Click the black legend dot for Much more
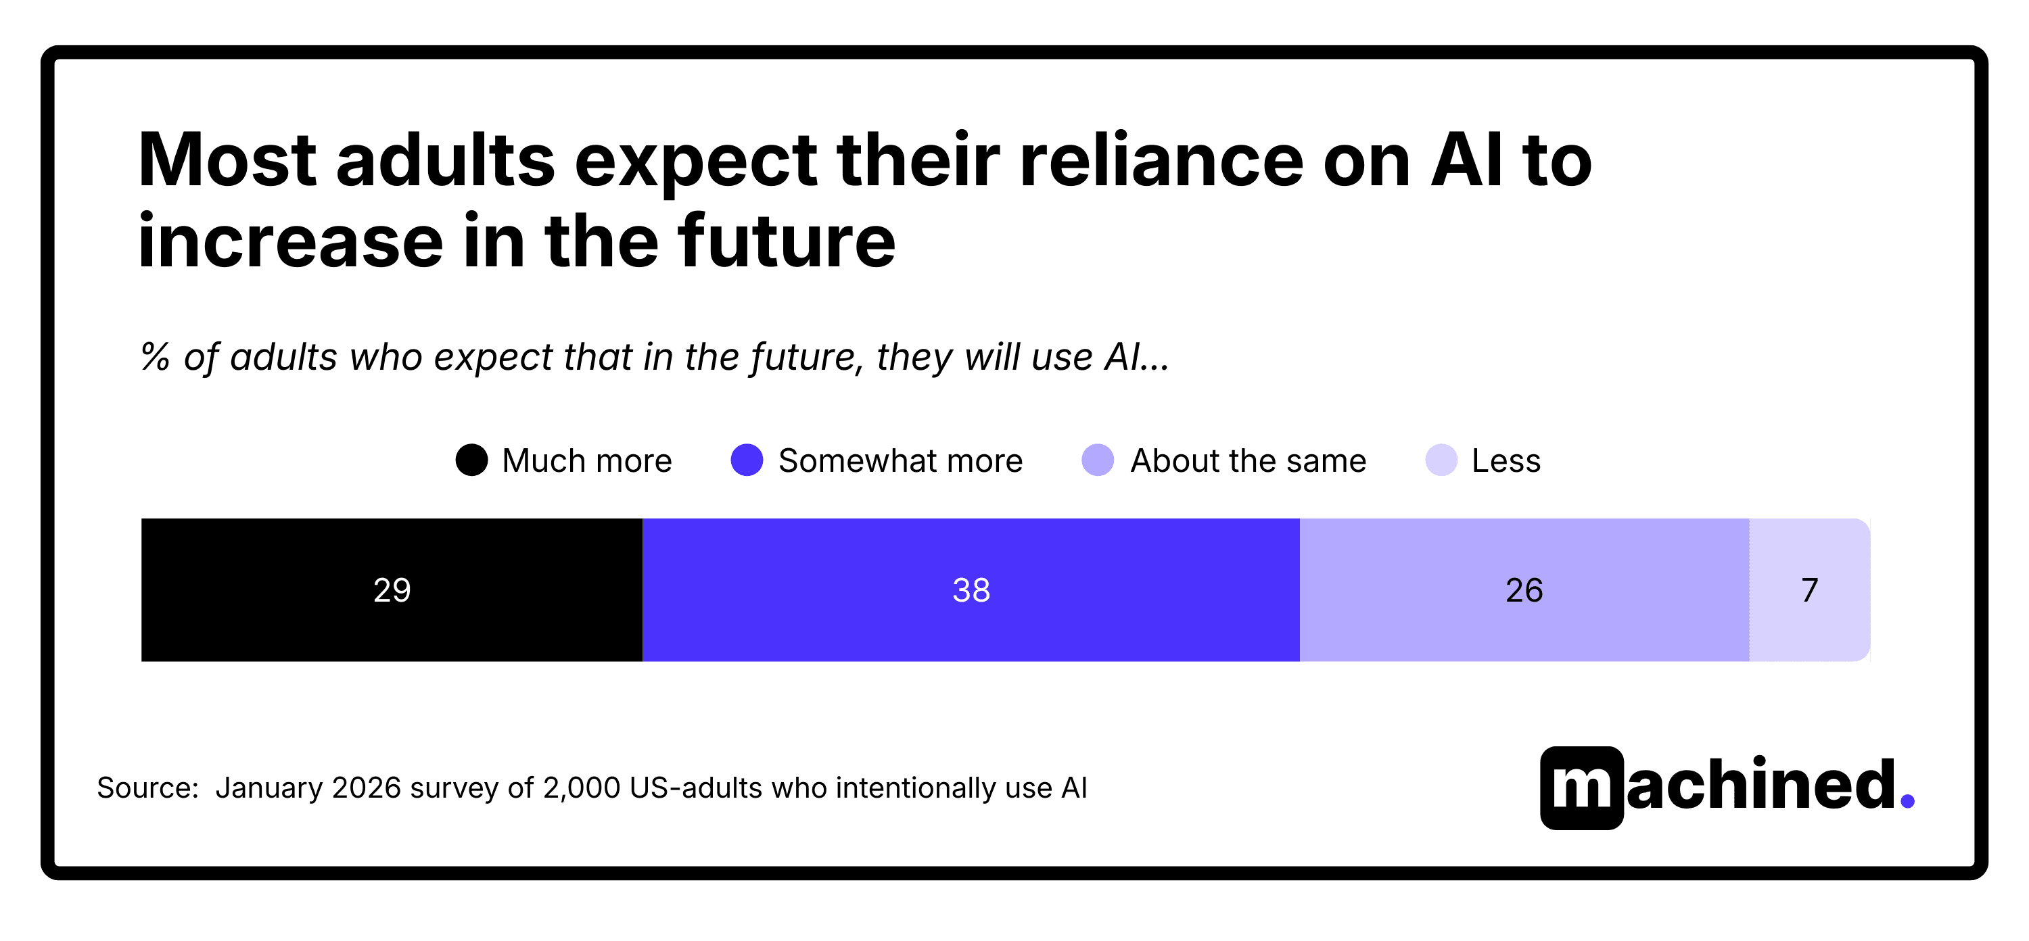tap(471, 460)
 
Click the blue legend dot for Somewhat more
tap(746, 460)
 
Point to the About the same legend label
tap(1248, 460)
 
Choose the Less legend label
tap(1506, 460)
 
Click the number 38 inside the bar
tap(971, 589)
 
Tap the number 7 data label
tap(1809, 589)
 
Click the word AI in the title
tap(1466, 161)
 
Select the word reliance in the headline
tap(1161, 161)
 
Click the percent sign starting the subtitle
tap(155, 357)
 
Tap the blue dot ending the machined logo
tap(1907, 801)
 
